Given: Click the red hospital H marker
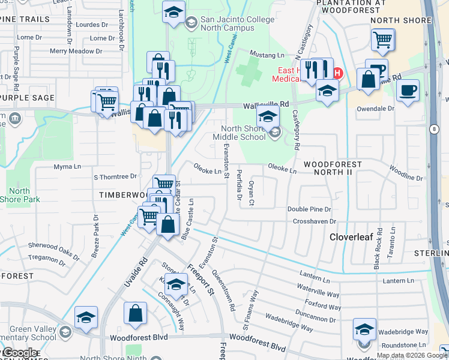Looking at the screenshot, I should click(337, 74).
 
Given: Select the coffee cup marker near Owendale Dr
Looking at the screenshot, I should click(408, 91).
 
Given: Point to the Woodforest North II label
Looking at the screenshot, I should click(333, 168).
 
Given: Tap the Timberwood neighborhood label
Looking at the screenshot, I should click(123, 195).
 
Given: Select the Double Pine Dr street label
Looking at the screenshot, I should click(309, 209).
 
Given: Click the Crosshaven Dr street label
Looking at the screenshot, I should click(312, 221).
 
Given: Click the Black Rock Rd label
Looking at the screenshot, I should click(378, 247).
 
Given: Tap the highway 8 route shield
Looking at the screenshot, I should click(433, 129).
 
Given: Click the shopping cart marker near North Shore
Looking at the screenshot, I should click(382, 40).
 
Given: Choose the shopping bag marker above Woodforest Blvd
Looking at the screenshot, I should click(136, 313).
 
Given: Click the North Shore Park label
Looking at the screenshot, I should click(20, 195).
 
